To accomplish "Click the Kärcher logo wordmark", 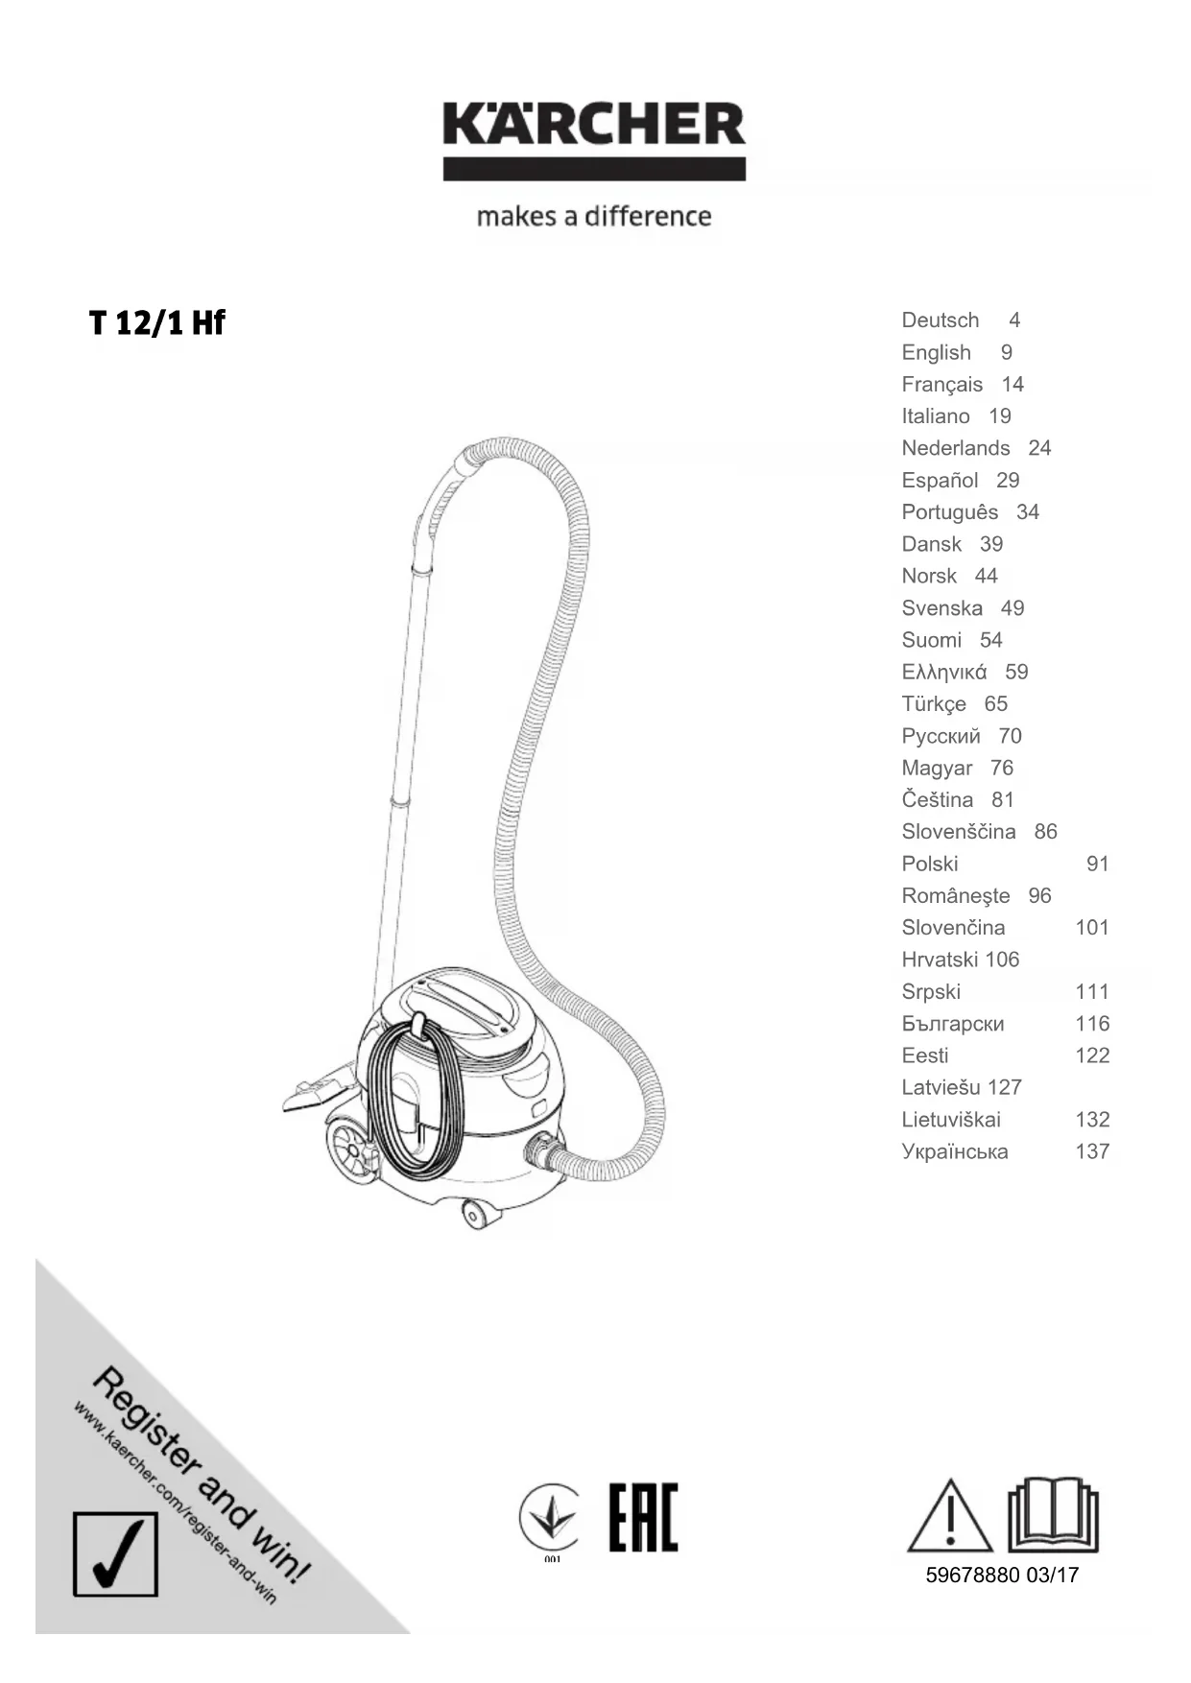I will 594,126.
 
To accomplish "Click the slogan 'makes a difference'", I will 594,216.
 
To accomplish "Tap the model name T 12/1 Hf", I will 157,323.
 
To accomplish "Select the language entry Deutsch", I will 940,320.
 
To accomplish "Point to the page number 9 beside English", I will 1007,352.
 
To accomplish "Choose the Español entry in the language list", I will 940,480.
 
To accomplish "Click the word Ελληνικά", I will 943,672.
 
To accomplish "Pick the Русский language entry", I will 941,736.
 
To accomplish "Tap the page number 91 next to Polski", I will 1097,864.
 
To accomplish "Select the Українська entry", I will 954,1151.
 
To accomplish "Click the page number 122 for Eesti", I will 1092,1055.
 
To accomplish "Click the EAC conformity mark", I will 643,1517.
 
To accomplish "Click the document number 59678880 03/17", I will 1002,1575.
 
